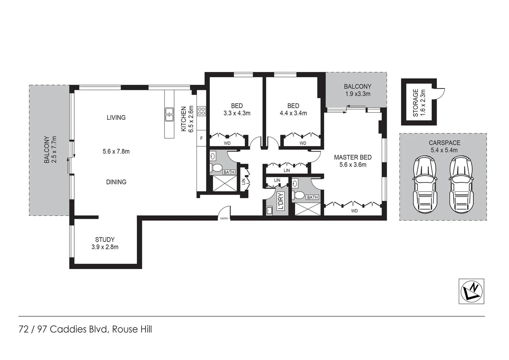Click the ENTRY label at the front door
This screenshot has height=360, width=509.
click(x=224, y=219)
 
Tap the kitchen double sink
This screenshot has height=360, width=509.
click(x=169, y=114)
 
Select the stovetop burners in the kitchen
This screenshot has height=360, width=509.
click(x=202, y=111)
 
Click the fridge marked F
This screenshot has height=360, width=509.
click(x=201, y=138)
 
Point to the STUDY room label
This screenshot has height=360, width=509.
click(x=105, y=239)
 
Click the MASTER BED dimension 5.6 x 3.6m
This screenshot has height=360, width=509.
click(x=353, y=165)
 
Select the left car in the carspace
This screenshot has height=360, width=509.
click(x=424, y=185)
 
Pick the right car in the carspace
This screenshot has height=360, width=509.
click(x=461, y=185)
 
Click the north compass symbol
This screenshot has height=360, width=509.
click(x=471, y=291)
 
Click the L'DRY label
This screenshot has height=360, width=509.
click(x=280, y=201)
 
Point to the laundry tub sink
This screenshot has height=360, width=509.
click(x=269, y=211)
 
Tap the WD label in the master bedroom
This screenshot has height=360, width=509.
click(x=354, y=211)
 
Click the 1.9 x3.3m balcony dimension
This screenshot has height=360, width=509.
click(x=358, y=94)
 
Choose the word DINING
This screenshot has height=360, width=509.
click(x=116, y=182)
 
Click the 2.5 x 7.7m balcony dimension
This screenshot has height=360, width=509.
click(x=54, y=149)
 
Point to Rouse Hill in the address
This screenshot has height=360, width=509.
click(x=132, y=329)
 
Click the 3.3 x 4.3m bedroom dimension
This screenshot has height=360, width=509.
click(x=237, y=113)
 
